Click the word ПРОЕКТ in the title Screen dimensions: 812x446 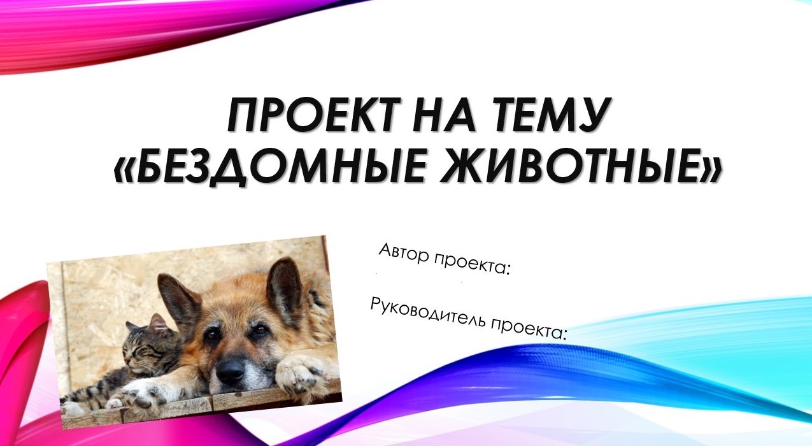coord(314,115)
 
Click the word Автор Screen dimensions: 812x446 coord(404,254)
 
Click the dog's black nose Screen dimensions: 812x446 coord(230,370)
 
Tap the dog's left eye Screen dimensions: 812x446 coord(213,333)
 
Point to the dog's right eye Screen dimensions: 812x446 coord(260,329)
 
